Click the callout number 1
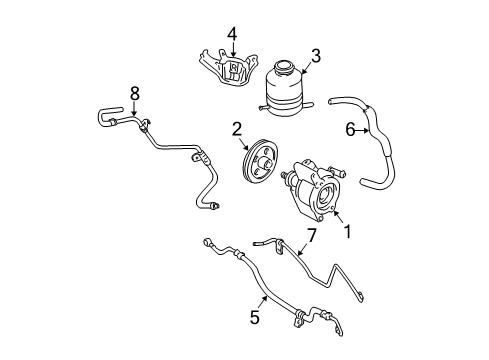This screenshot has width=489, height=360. [348, 231]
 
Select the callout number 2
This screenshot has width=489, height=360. [237, 128]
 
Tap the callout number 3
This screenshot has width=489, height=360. [315, 56]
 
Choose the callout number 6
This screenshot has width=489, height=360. [350, 128]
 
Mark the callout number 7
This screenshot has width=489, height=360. [311, 235]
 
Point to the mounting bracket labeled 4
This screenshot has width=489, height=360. [221, 73]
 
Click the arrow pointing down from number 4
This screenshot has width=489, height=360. [231, 52]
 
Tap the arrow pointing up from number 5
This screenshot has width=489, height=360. [262, 299]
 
